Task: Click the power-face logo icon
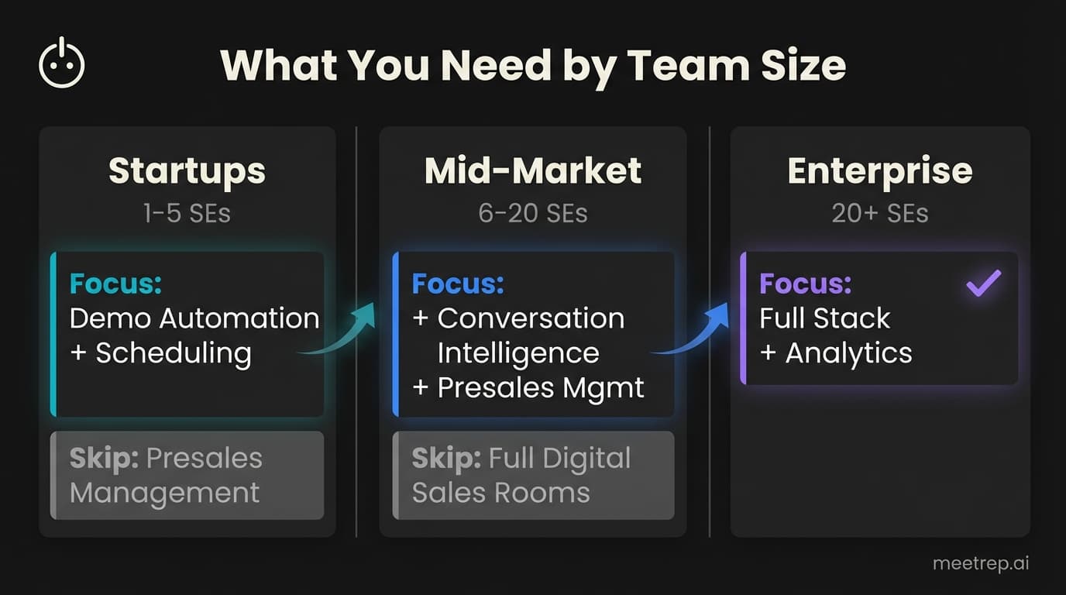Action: pyautogui.click(x=61, y=65)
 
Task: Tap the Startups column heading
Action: pyautogui.click(x=187, y=171)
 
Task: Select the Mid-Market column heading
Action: pyautogui.click(x=533, y=171)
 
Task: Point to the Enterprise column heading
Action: pyautogui.click(x=879, y=171)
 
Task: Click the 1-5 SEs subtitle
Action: pyautogui.click(x=187, y=213)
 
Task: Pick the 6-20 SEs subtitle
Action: pyautogui.click(x=533, y=213)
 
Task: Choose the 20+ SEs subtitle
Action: pyautogui.click(x=879, y=213)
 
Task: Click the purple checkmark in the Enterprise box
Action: pyautogui.click(x=983, y=284)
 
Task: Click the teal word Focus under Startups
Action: pyautogui.click(x=116, y=284)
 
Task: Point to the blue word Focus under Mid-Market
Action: pyautogui.click(x=458, y=284)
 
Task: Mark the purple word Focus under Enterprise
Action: pyautogui.click(x=805, y=284)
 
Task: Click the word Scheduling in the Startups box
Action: pyautogui.click(x=174, y=353)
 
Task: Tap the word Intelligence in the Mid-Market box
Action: pyautogui.click(x=518, y=353)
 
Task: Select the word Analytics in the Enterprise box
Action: pyautogui.click(x=848, y=353)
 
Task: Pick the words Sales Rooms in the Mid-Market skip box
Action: pyautogui.click(x=500, y=493)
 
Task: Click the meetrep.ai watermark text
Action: pyautogui.click(x=981, y=564)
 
